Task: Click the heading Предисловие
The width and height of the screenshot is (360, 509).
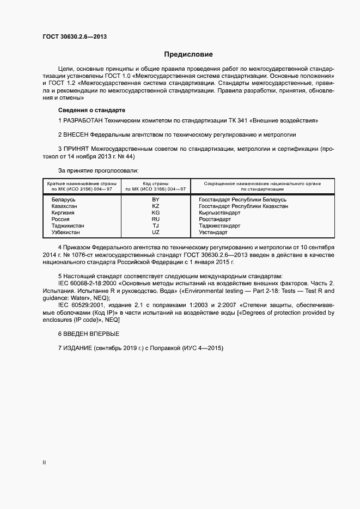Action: coord(188,54)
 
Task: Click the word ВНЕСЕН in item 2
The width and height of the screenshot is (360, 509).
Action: coord(76,134)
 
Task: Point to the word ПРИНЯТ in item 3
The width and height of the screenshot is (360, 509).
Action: coord(76,148)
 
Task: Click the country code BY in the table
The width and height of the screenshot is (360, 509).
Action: coord(156,200)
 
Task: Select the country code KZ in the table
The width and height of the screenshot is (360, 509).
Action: coord(156,206)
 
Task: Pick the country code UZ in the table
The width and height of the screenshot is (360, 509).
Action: coord(156,232)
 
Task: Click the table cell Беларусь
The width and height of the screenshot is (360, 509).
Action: coord(63,200)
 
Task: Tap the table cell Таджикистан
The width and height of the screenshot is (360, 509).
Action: coord(68,226)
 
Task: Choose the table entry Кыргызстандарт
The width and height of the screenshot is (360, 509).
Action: coord(220,213)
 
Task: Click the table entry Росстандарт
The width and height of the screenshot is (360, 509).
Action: coord(215,219)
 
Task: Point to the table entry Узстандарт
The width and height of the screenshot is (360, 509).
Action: coord(213,232)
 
